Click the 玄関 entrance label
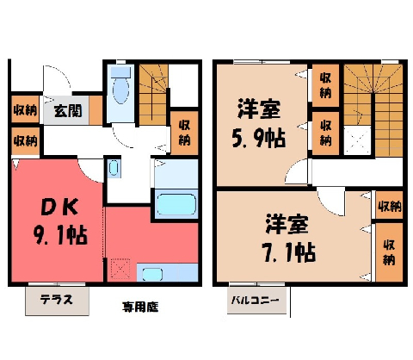pos(68,110)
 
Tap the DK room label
pos(59,207)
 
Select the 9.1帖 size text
pos(61,235)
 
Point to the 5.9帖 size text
pos(258,138)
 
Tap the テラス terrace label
pos(57,300)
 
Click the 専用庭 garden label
pos(140,307)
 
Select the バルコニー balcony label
pos(256,301)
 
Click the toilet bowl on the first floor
pos(120,90)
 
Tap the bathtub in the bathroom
pos(176,204)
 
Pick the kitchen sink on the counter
pos(152,274)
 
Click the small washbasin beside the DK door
pos(114,168)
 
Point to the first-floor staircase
pos(153,95)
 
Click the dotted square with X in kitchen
pos(120,269)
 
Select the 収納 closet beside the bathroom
pos(184,133)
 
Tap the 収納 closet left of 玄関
pos(25,109)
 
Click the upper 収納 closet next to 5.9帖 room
pos(325,85)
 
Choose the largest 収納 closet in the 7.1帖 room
pos(389,252)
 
